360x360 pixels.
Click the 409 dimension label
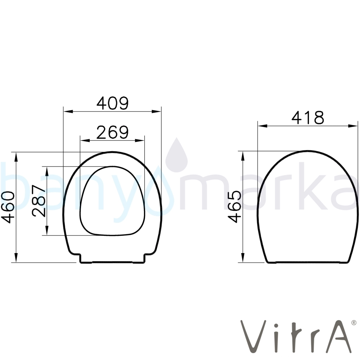pos(112,103)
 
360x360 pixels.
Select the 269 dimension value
pos(112,132)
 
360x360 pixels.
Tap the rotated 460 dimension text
pos(8,208)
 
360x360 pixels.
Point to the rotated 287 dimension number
pos(39,201)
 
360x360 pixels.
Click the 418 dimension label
pos(308,118)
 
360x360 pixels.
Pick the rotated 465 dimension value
pos(235,207)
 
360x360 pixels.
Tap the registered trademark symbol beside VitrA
pos(354,323)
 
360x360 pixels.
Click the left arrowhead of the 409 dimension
pos(68,112)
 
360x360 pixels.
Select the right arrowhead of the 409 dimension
pos(156,112)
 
